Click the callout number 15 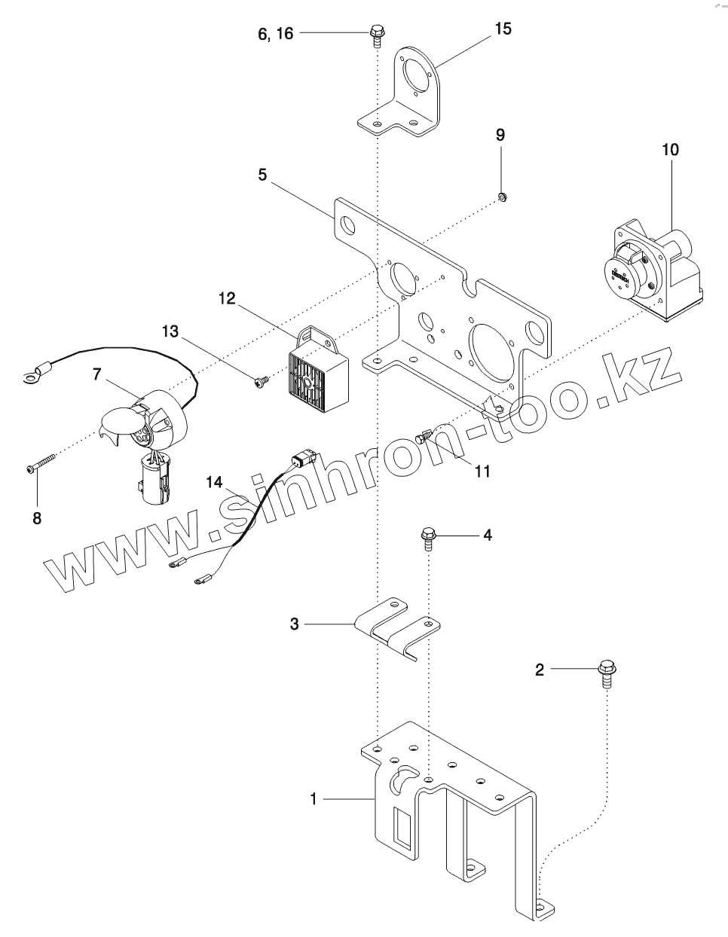point(503,29)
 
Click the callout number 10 point(670,149)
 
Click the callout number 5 point(262,174)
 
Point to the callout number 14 point(214,483)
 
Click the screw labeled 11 point(427,435)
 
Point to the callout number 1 point(314,799)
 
